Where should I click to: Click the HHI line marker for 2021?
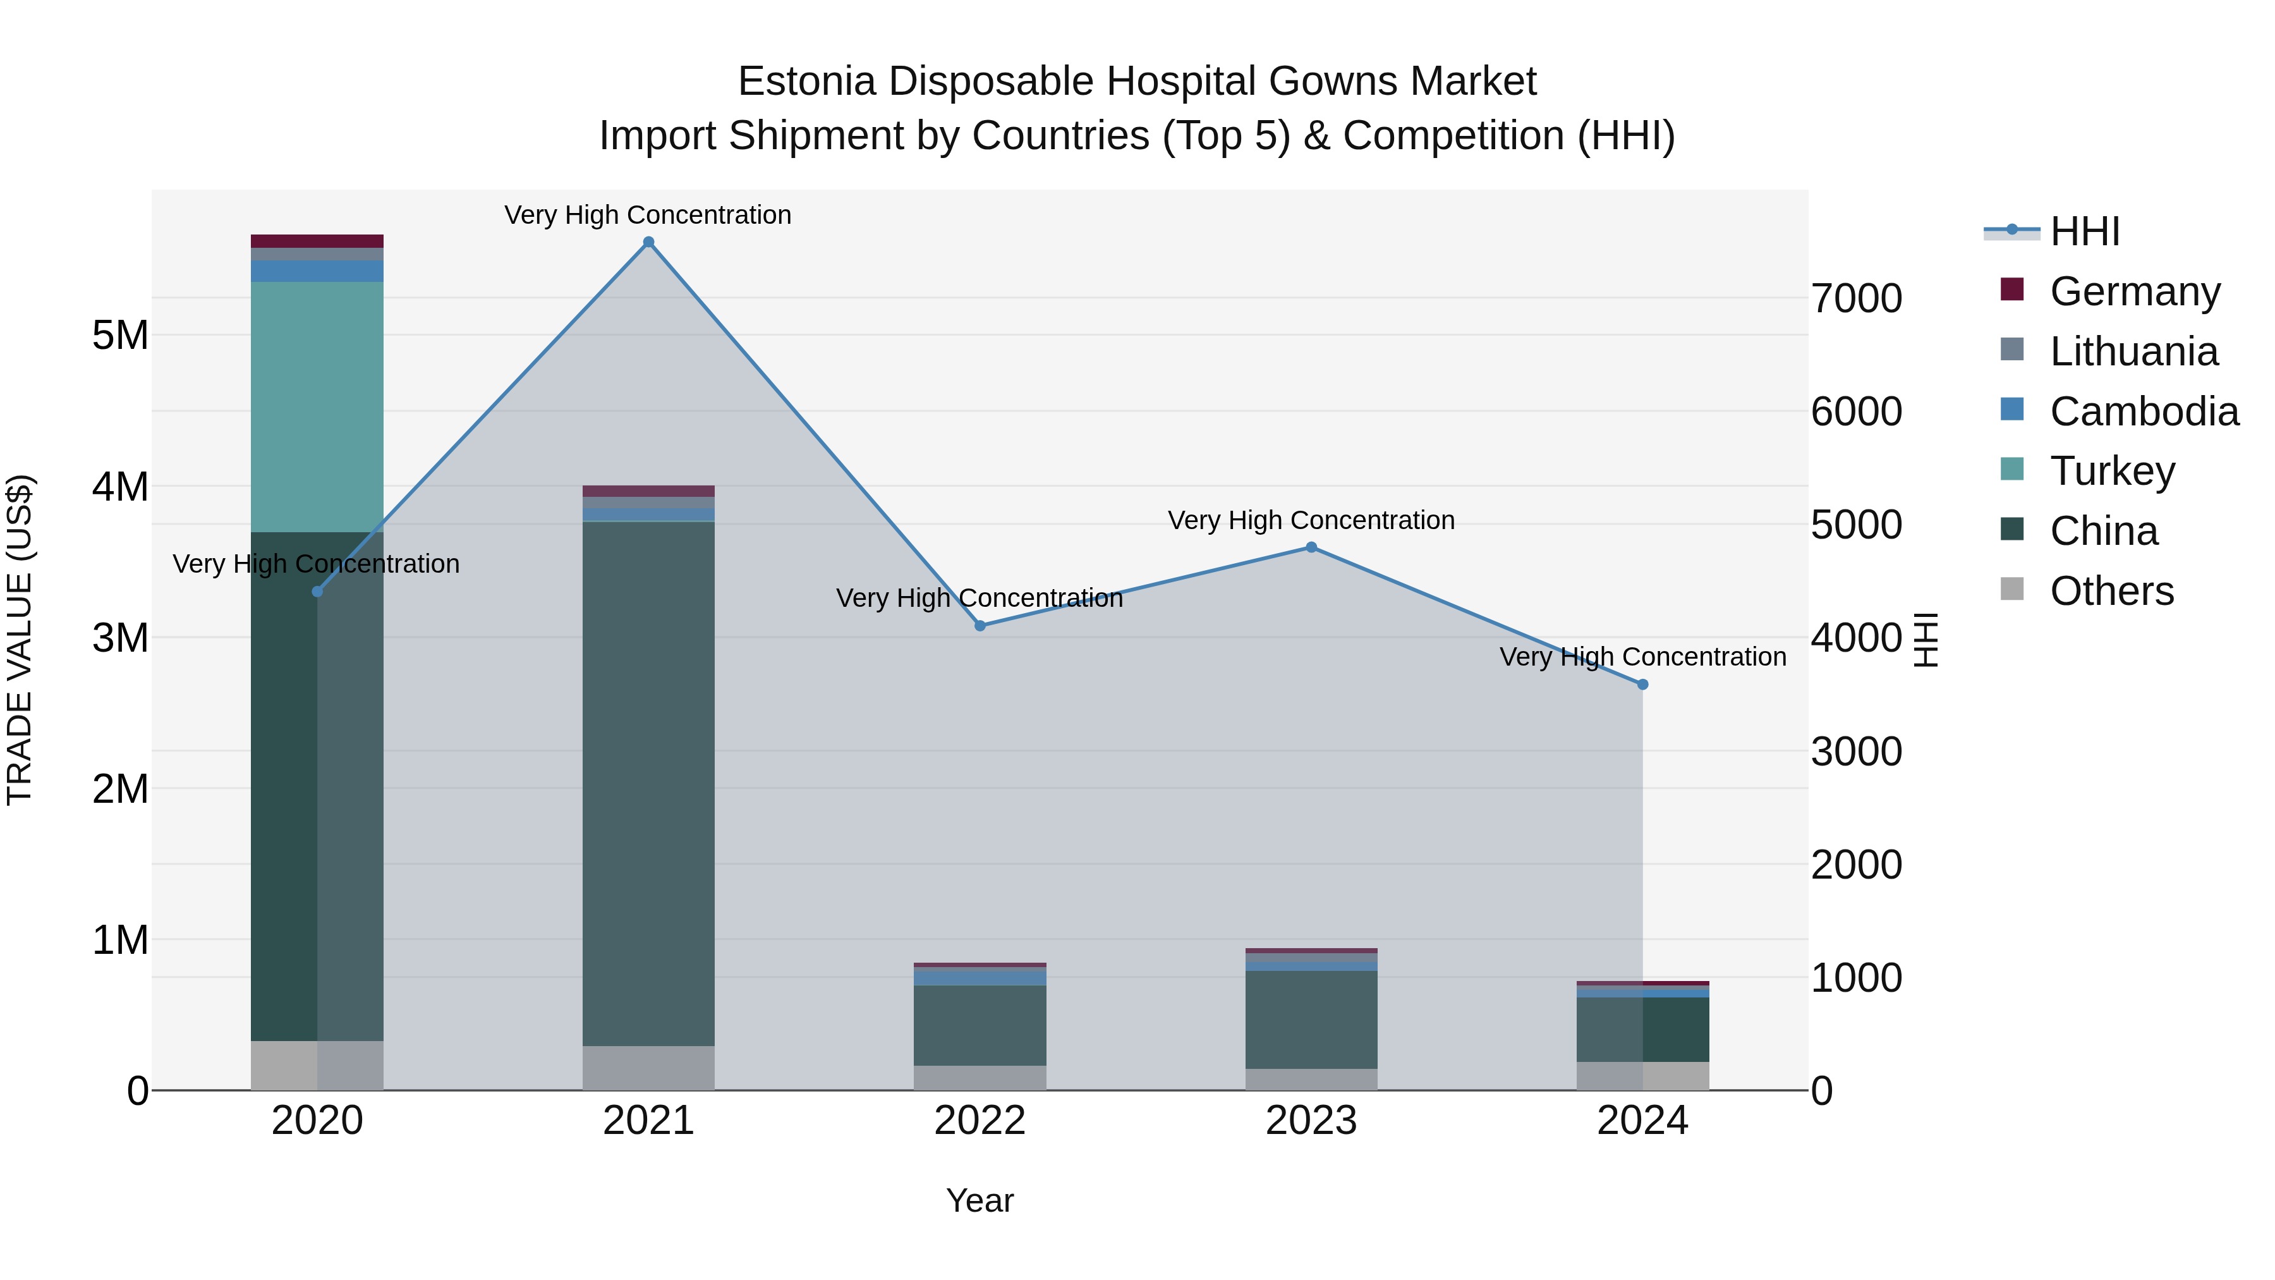648,242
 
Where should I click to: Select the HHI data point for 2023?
1311,547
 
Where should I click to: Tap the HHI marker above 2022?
980,625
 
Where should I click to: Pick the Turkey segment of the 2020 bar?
317,406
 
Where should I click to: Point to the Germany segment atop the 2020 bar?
317,241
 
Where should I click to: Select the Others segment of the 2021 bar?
648,1068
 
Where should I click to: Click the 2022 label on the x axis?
980,1121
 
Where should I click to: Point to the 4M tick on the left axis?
120,487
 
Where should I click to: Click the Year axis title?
980,1200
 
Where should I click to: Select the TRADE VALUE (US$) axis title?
20,640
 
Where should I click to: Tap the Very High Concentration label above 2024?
1642,657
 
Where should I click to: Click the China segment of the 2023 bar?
1311,1020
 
